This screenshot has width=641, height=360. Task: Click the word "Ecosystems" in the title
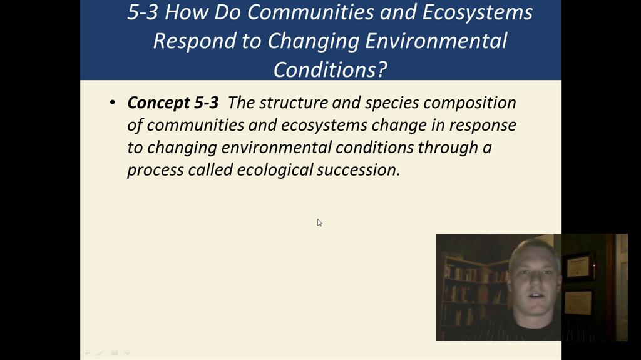pos(477,12)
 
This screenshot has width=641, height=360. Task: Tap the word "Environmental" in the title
pos(436,41)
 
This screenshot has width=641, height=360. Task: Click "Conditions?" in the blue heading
pos(330,69)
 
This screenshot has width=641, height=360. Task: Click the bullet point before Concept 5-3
pos(113,102)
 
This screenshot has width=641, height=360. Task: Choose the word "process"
pos(155,170)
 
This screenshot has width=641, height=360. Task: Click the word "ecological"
pos(275,170)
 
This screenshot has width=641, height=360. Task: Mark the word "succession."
pos(359,170)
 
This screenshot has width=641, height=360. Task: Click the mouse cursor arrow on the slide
pos(319,223)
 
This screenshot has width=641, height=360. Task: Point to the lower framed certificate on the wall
pos(578,303)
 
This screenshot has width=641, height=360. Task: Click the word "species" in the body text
pos(392,103)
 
